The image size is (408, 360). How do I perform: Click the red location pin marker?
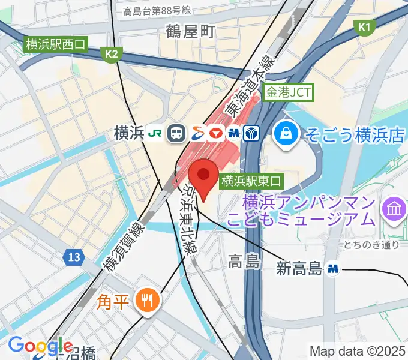tap(203, 175)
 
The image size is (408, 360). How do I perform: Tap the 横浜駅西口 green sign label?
tap(56, 44)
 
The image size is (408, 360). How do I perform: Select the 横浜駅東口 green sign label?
tap(251, 179)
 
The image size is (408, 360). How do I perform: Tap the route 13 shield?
tap(72, 257)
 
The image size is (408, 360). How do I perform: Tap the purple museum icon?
tap(395, 209)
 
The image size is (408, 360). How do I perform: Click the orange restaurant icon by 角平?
tap(146, 298)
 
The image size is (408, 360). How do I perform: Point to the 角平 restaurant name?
tap(113, 299)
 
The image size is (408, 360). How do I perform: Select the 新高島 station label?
tap(299, 269)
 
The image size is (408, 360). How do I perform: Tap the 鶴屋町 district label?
tap(190, 32)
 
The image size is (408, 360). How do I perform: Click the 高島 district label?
tap(244, 260)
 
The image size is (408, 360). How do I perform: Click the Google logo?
tap(41, 346)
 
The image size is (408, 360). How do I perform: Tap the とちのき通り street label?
tap(372, 244)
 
